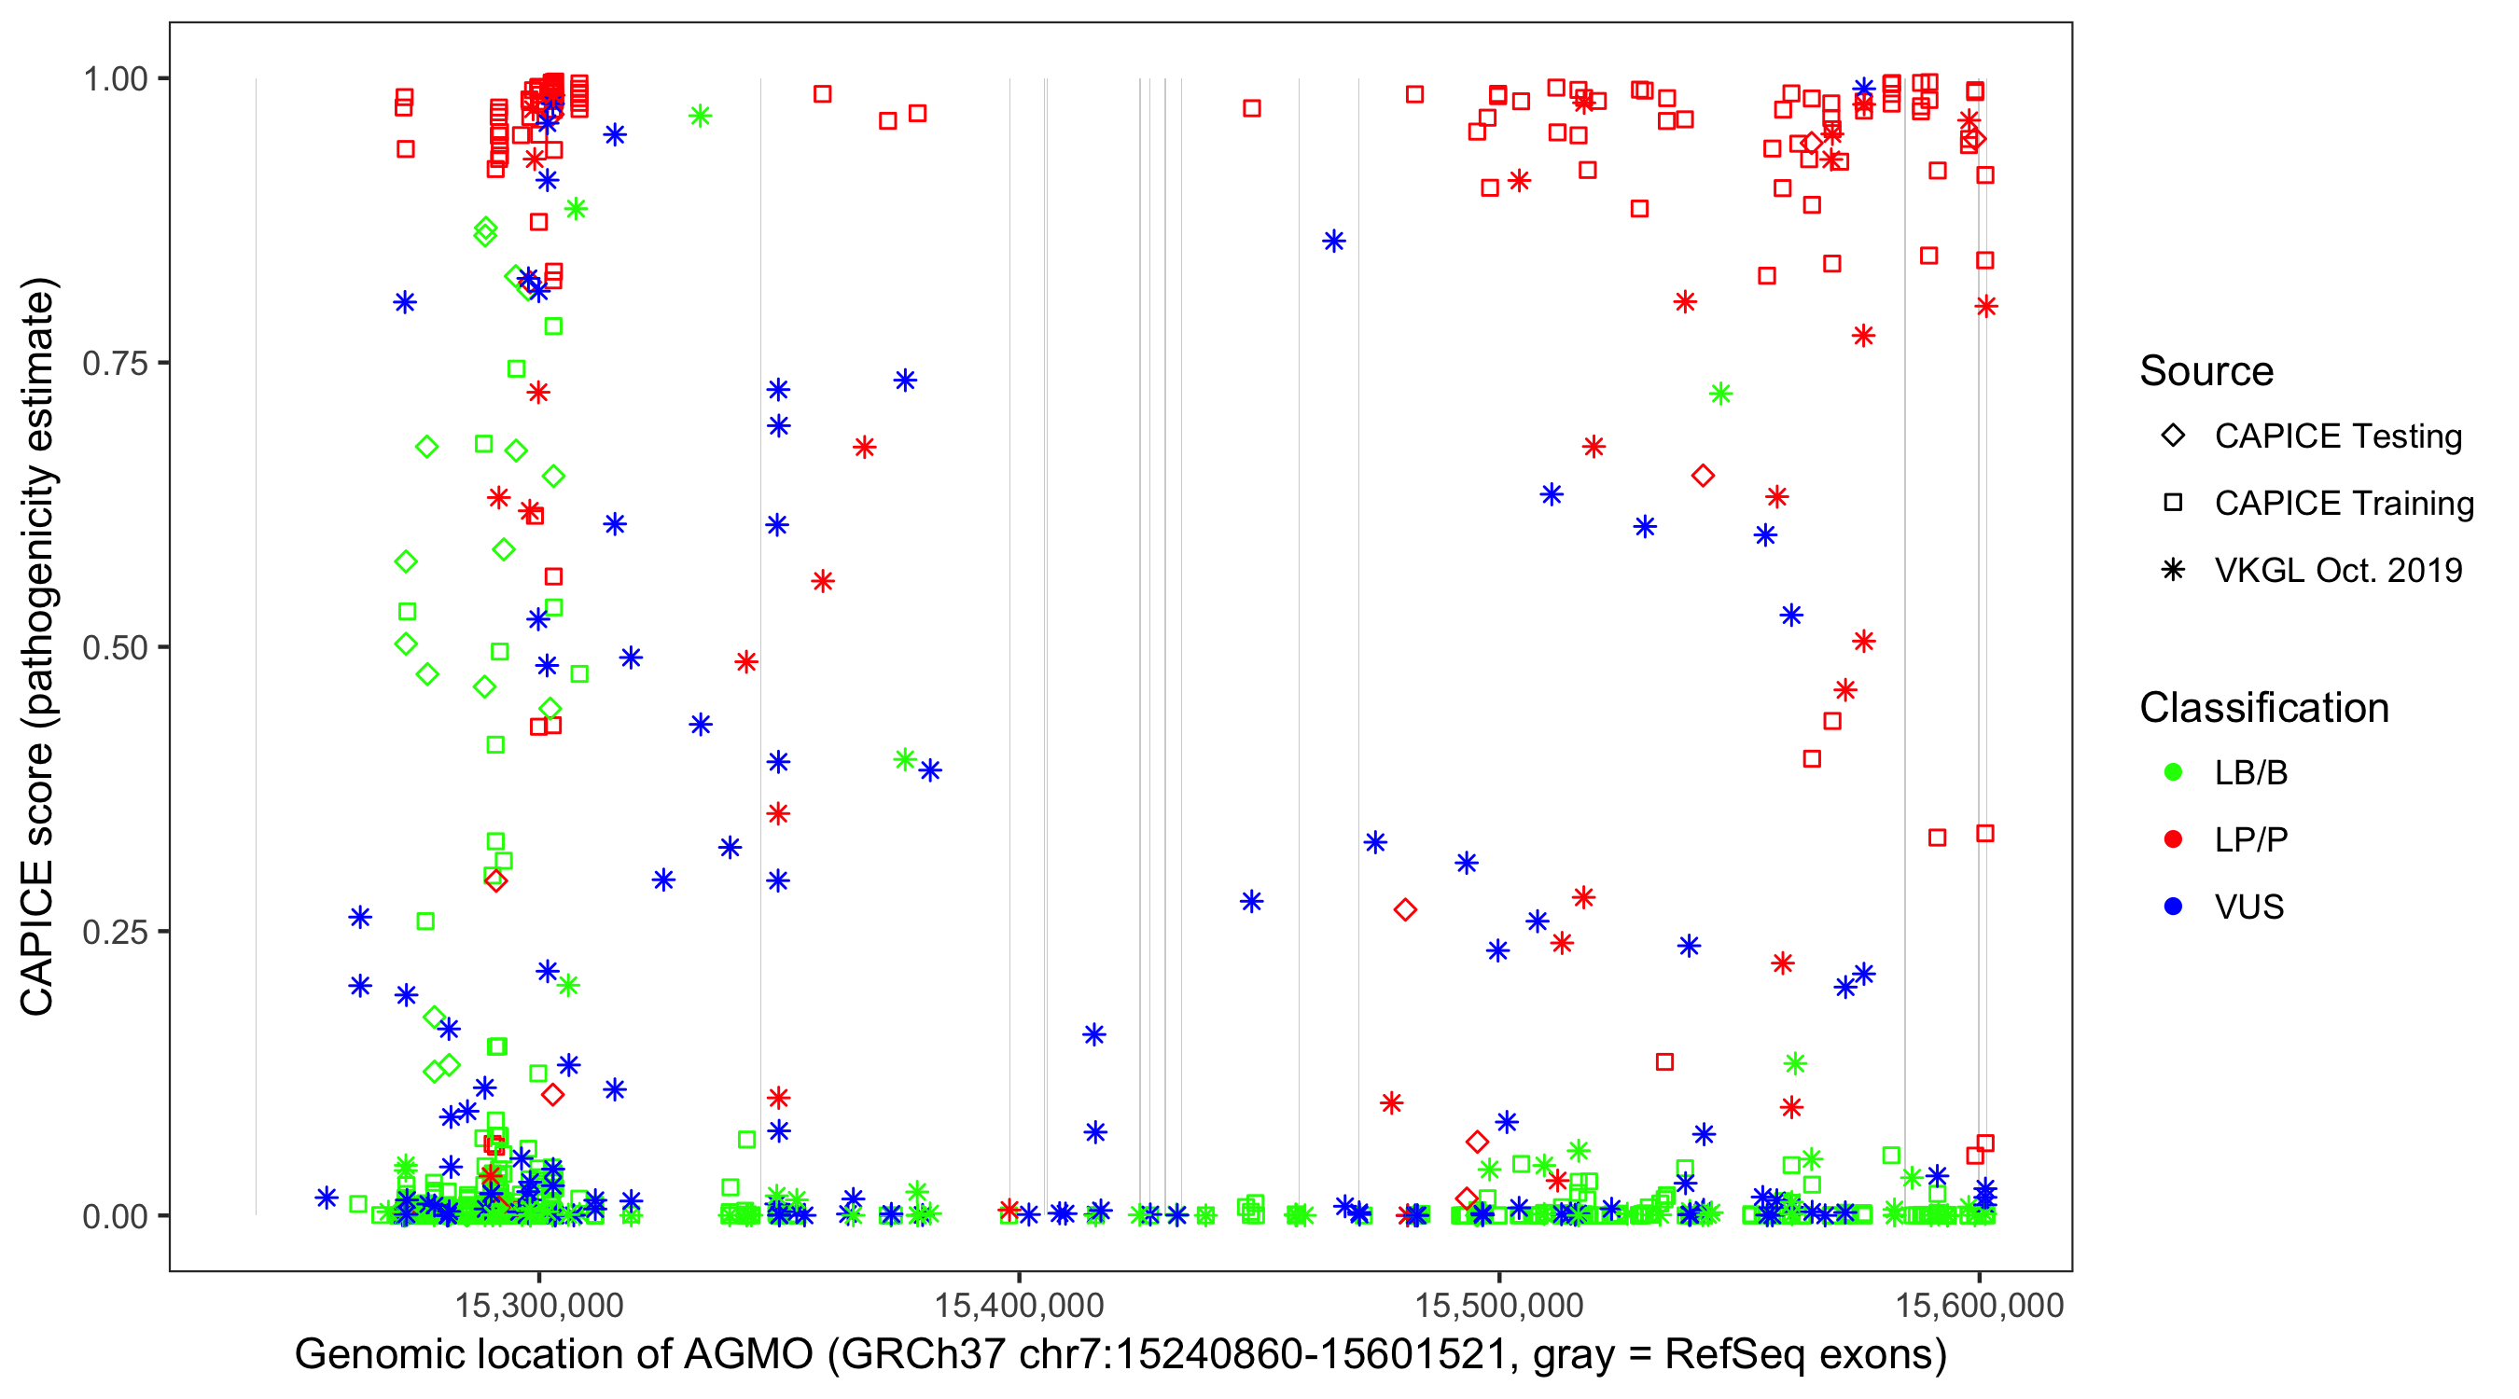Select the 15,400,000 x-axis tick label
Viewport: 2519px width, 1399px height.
tap(1019, 1304)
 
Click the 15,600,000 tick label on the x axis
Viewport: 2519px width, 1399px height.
tap(1979, 1304)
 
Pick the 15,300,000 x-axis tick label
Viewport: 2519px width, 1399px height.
tap(539, 1304)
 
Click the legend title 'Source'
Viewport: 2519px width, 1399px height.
tap(2206, 370)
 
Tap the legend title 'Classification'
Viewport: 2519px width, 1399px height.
tap(2263, 707)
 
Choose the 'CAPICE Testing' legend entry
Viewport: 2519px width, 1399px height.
tap(2338, 436)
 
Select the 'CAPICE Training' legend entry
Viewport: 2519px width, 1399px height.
tap(2344, 503)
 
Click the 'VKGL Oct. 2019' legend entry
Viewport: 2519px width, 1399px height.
tap(2338, 570)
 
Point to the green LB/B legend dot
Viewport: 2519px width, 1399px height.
tap(2173, 772)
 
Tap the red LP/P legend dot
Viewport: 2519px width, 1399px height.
tap(2173, 839)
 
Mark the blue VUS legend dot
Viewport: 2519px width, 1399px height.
tap(2173, 907)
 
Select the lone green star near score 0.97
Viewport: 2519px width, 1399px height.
tap(700, 117)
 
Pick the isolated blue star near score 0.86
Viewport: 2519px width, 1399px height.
tap(1334, 242)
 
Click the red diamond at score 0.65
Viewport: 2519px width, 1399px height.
tap(1703, 476)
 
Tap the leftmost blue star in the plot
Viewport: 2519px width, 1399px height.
tap(327, 1198)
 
